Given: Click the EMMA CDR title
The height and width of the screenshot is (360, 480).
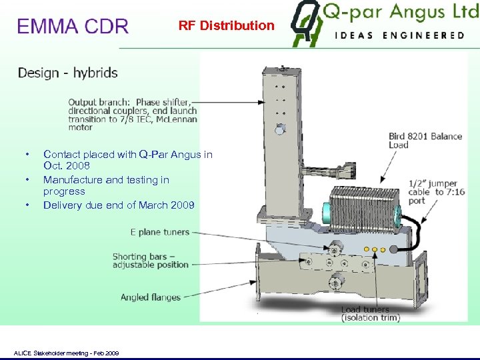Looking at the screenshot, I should tap(73, 27).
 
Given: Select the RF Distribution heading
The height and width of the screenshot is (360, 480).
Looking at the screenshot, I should tap(226, 26).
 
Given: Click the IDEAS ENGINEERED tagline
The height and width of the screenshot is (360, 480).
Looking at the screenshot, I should tap(400, 35).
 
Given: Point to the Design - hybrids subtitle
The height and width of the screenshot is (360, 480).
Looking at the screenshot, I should tap(67, 73).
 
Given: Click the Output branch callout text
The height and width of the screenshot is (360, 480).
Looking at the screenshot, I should tap(132, 111).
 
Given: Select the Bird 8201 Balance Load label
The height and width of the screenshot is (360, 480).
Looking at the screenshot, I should tap(425, 140).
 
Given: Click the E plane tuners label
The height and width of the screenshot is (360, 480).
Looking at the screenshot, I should tap(160, 232).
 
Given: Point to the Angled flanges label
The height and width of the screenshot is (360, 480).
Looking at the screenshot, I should tap(151, 297).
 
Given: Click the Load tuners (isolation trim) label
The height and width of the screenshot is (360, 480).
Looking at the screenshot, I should tap(371, 313).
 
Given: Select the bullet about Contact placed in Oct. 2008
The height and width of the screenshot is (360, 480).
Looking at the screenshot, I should tap(127, 160).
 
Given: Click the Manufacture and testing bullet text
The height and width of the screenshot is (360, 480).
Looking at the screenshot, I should tap(106, 185).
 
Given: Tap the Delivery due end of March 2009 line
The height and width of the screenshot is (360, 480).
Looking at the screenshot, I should tap(119, 205).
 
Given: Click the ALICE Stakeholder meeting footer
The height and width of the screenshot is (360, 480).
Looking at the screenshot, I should tap(66, 353).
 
